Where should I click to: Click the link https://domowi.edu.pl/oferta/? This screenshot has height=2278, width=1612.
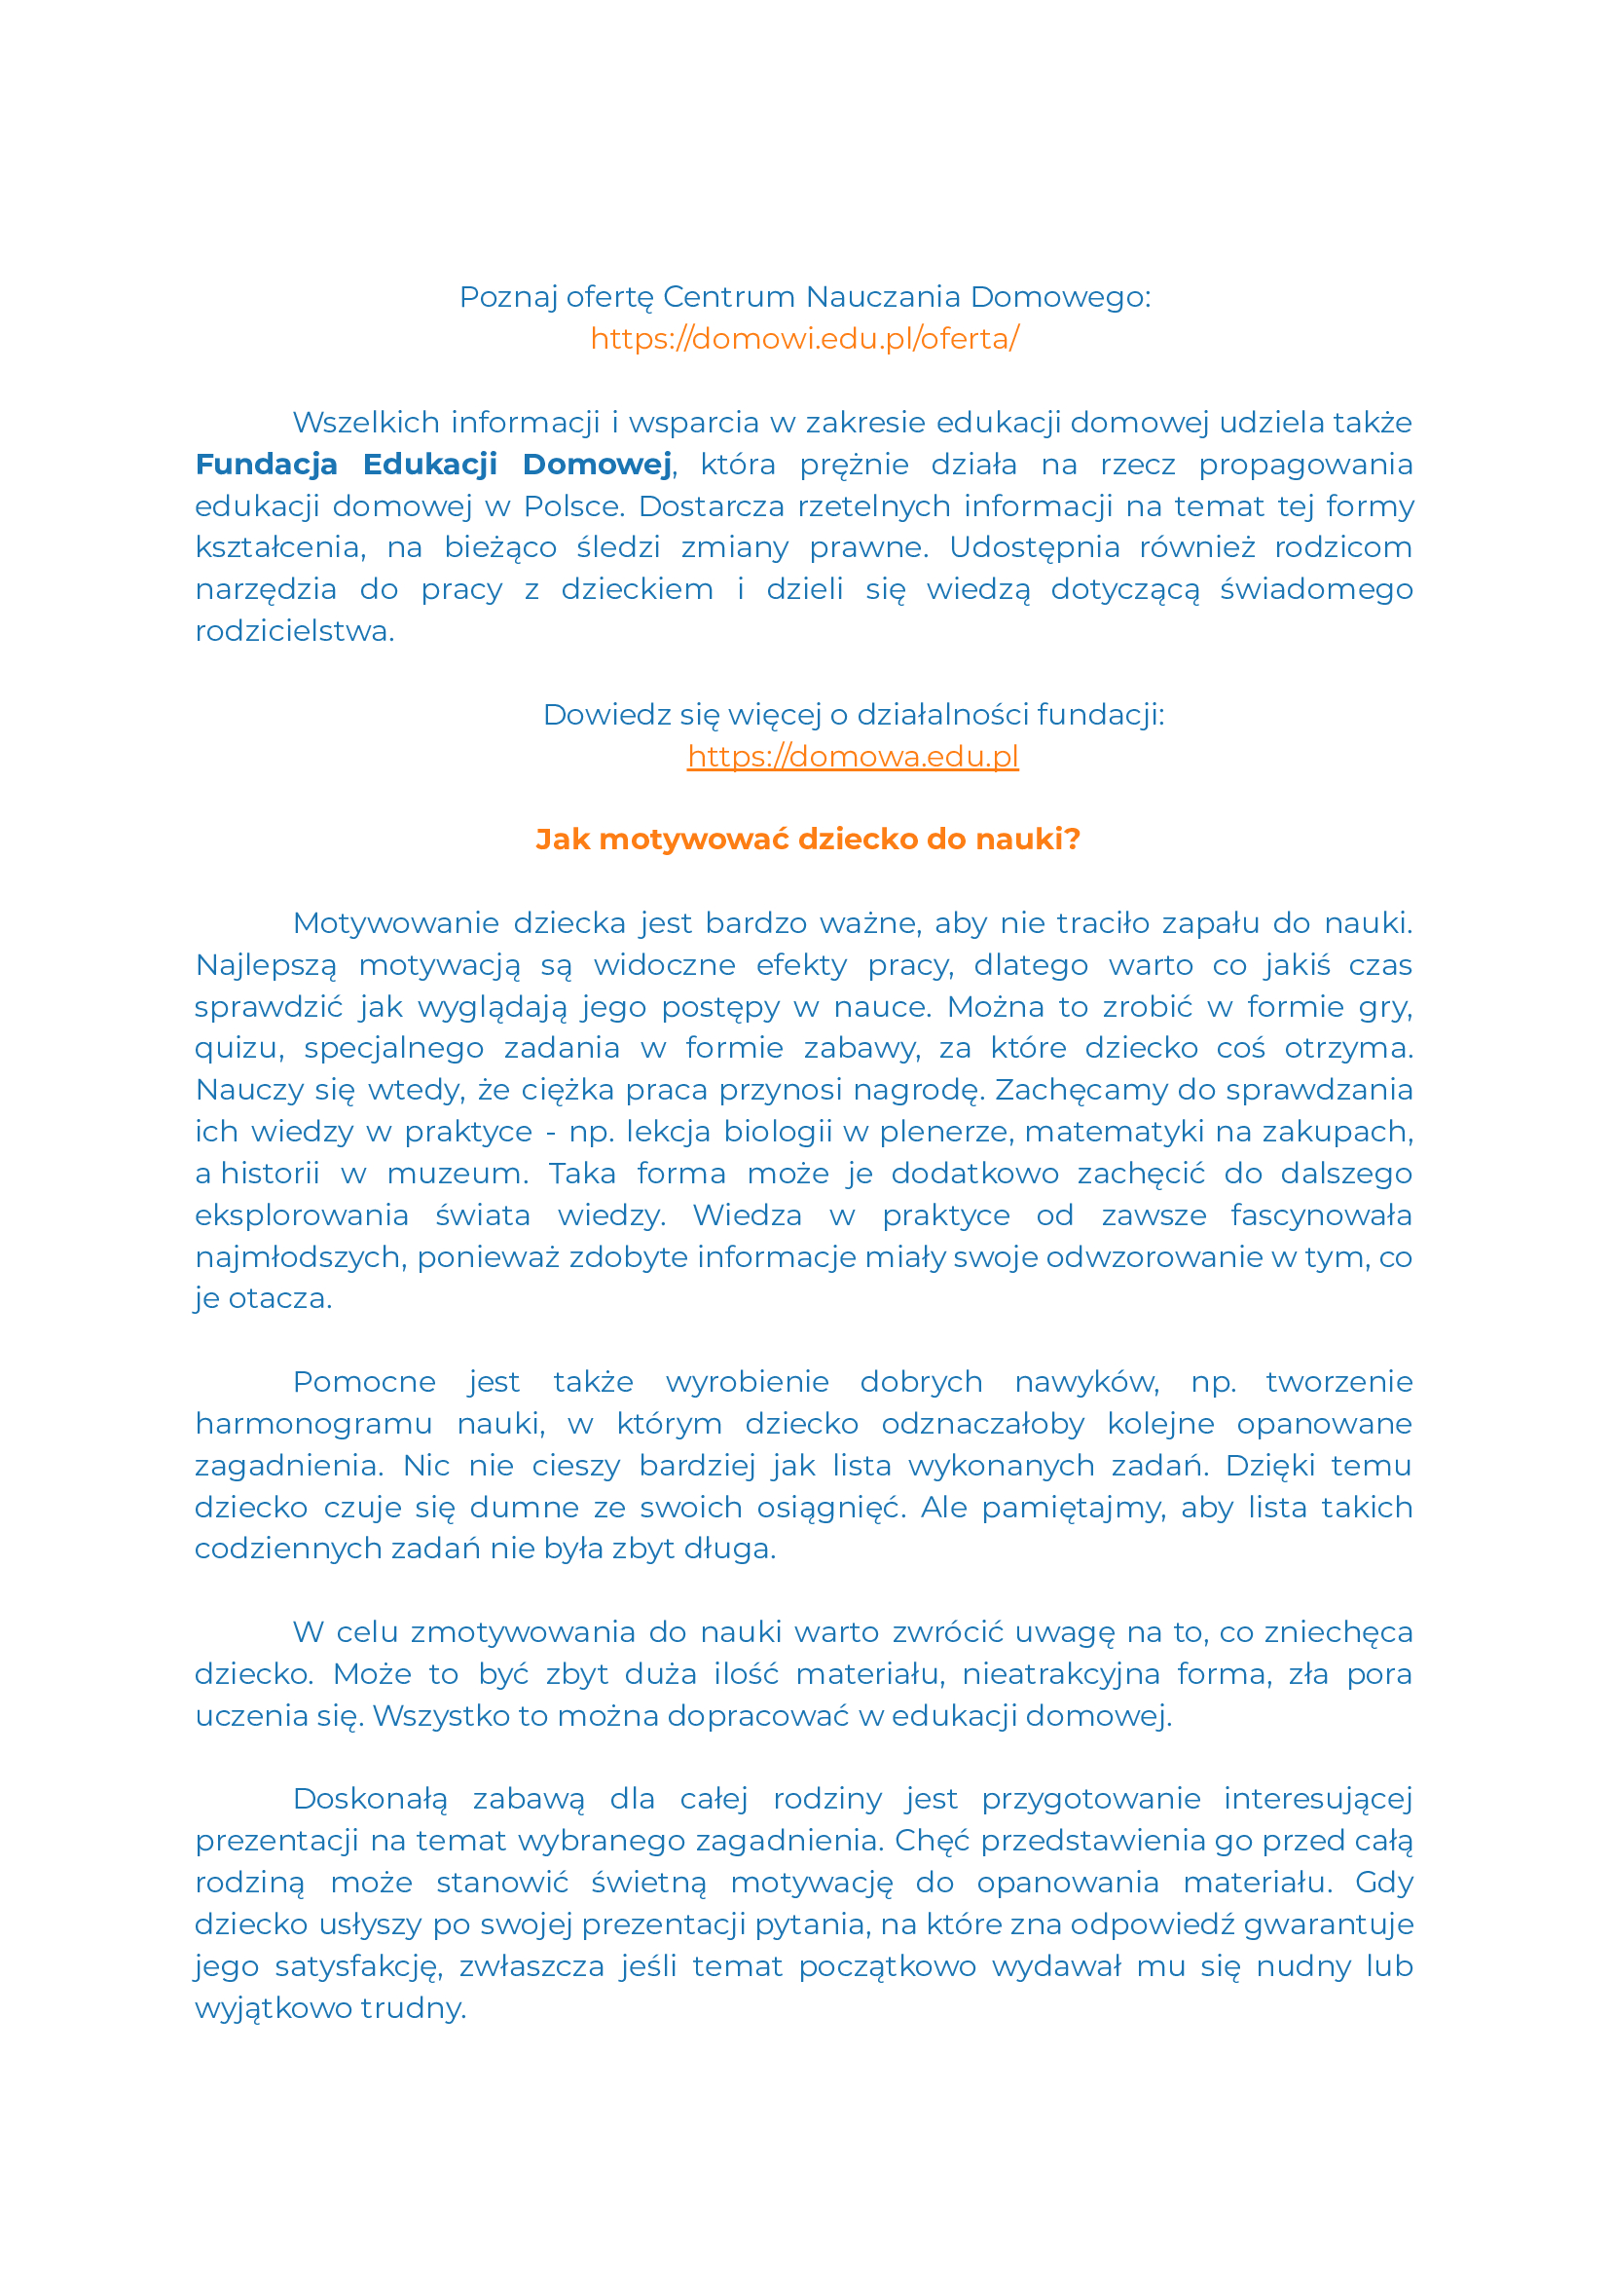(804, 339)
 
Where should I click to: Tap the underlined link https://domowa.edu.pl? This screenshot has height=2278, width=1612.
(853, 757)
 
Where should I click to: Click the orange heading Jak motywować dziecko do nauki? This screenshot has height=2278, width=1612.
(807, 840)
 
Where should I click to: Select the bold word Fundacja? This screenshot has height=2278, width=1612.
(266, 465)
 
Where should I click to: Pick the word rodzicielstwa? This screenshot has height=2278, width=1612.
(294, 631)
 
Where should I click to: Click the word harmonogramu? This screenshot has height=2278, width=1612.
(313, 1424)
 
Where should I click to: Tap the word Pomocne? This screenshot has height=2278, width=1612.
(364, 1382)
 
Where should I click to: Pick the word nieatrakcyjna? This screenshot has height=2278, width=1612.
(1061, 1674)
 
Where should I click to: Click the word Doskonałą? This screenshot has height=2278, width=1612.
(370, 1800)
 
